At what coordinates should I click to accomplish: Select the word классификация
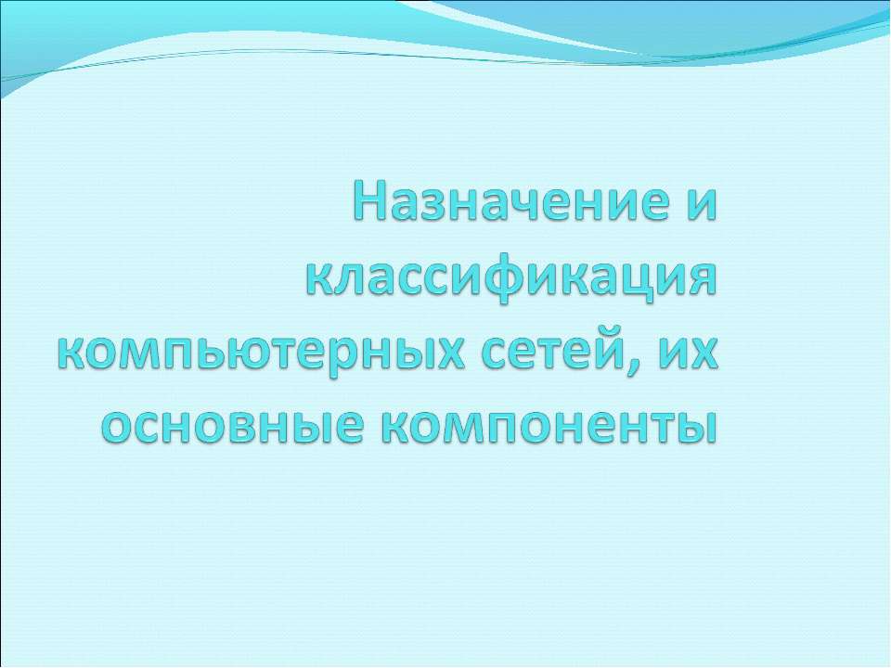pyautogui.click(x=512, y=279)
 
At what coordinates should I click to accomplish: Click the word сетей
pyautogui.click(x=559, y=355)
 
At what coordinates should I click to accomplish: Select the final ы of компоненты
pyautogui.click(x=697, y=428)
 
